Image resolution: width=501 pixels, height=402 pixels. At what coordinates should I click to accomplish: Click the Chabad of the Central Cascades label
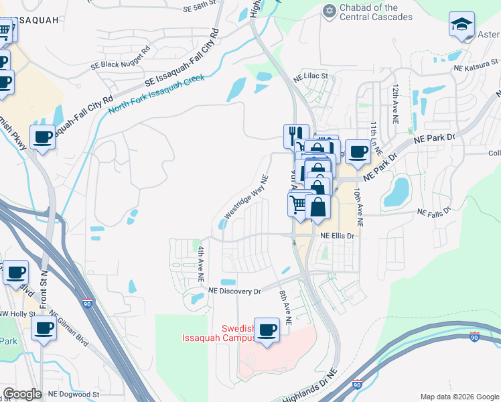tap(376, 12)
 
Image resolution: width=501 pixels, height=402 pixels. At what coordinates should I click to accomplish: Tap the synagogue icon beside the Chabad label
tap(329, 11)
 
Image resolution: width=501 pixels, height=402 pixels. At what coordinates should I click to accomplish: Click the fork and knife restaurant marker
tap(296, 137)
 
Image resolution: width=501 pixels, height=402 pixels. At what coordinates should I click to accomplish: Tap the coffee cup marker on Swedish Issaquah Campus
tap(267, 330)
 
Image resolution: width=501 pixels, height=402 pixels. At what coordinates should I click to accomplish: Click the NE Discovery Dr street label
tap(234, 291)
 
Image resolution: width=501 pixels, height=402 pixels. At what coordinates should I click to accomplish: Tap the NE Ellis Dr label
tap(336, 236)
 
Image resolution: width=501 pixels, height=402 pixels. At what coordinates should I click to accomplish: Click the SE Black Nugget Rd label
tap(121, 58)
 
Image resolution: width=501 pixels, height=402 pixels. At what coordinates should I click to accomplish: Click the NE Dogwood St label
tap(73, 395)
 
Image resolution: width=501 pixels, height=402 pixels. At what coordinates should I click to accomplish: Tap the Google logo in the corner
tap(22, 394)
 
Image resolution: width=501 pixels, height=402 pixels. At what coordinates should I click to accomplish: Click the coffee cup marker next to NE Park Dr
tap(357, 152)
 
